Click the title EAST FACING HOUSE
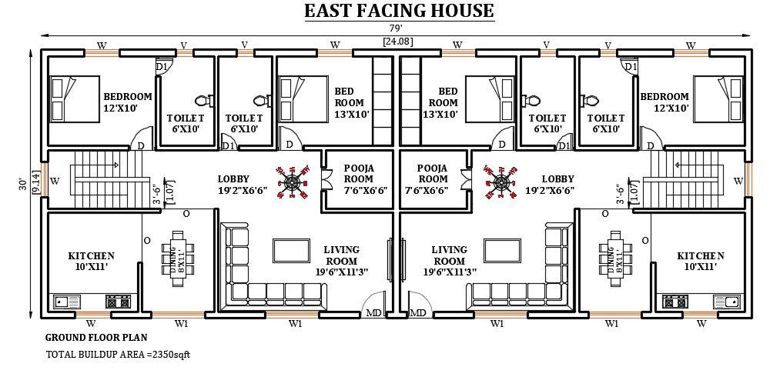coord(399,11)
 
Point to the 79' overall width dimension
coord(397,29)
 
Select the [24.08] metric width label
coord(397,42)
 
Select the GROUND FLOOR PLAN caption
coord(96,337)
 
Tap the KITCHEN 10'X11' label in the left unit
coord(91,261)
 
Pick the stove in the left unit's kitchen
coord(118,302)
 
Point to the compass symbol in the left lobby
coord(293,182)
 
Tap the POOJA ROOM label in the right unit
coord(432,178)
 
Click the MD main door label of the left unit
coord(373,312)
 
